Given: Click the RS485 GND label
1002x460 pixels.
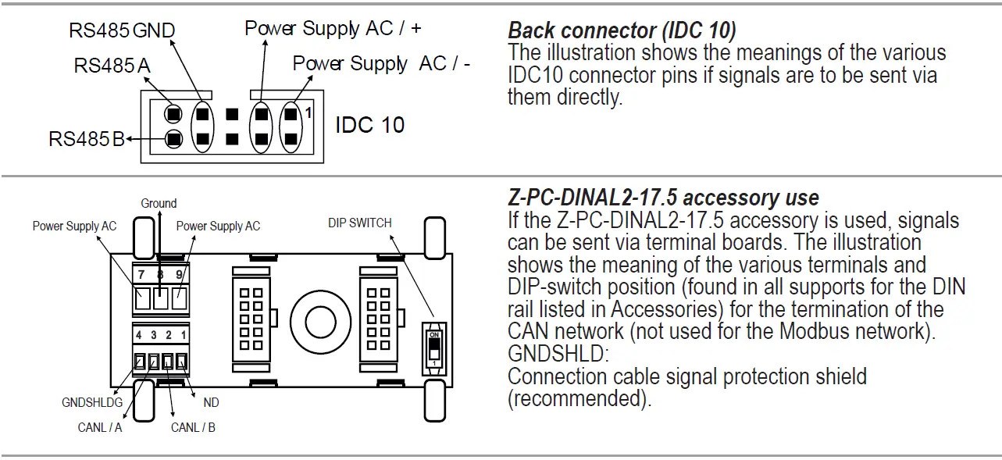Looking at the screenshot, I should pos(121,30).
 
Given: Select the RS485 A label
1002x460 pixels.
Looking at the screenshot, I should pos(112,66).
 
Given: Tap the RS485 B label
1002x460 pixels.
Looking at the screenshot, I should pos(86,139).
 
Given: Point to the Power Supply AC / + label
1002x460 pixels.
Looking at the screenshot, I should pos(333,28).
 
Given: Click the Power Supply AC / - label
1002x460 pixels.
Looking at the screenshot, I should pos(381,63).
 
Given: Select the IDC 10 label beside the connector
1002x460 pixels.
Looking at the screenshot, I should pos(369,125).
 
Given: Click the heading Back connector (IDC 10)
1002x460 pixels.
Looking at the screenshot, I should pos(622,30).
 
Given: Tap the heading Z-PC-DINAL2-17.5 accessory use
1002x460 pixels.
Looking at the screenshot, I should pos(663,198).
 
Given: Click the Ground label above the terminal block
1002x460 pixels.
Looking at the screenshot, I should pos(159,204).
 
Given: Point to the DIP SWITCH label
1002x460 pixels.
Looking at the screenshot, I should pos(359,223).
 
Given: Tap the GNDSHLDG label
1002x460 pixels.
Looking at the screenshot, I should pos(92,403).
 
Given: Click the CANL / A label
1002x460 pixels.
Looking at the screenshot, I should pos(100,427).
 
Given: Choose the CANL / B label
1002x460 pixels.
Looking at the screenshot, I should pos(193,427).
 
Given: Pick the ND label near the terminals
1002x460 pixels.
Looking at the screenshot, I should pos(211,403).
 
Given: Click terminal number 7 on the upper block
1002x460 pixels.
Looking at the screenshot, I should pos(141,275).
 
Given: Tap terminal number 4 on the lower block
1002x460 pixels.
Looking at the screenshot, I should pos(138,335).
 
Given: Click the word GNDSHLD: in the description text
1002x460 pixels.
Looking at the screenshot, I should pos(557,354).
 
